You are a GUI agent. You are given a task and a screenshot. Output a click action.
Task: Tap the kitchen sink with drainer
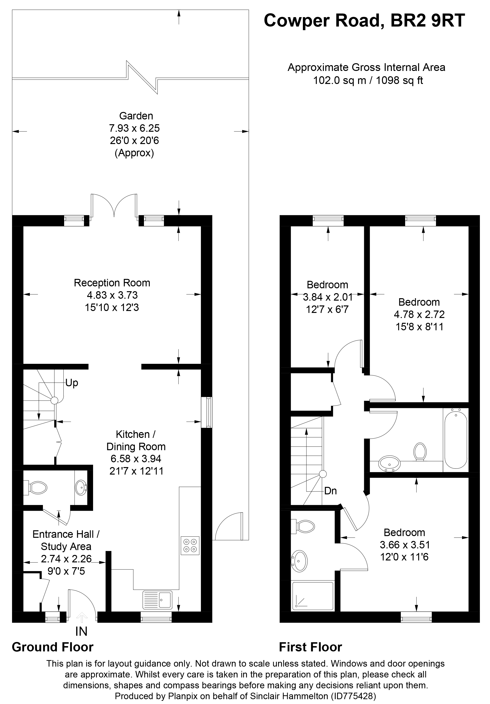[x=157, y=600]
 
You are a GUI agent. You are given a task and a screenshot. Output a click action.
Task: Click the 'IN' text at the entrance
[x=81, y=631]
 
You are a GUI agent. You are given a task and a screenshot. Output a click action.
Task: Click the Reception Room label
[x=112, y=283]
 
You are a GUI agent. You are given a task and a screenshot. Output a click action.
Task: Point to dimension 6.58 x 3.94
[x=136, y=459]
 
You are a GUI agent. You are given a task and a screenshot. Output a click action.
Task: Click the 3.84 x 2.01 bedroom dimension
[x=327, y=297]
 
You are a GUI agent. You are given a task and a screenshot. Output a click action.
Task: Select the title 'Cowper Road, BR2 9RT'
[x=364, y=21]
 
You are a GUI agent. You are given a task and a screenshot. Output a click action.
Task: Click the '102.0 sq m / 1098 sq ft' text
[x=368, y=80]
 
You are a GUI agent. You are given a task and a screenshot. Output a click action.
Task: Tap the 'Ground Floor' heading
[x=52, y=647]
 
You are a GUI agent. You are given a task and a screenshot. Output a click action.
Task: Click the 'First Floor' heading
[x=310, y=647]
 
